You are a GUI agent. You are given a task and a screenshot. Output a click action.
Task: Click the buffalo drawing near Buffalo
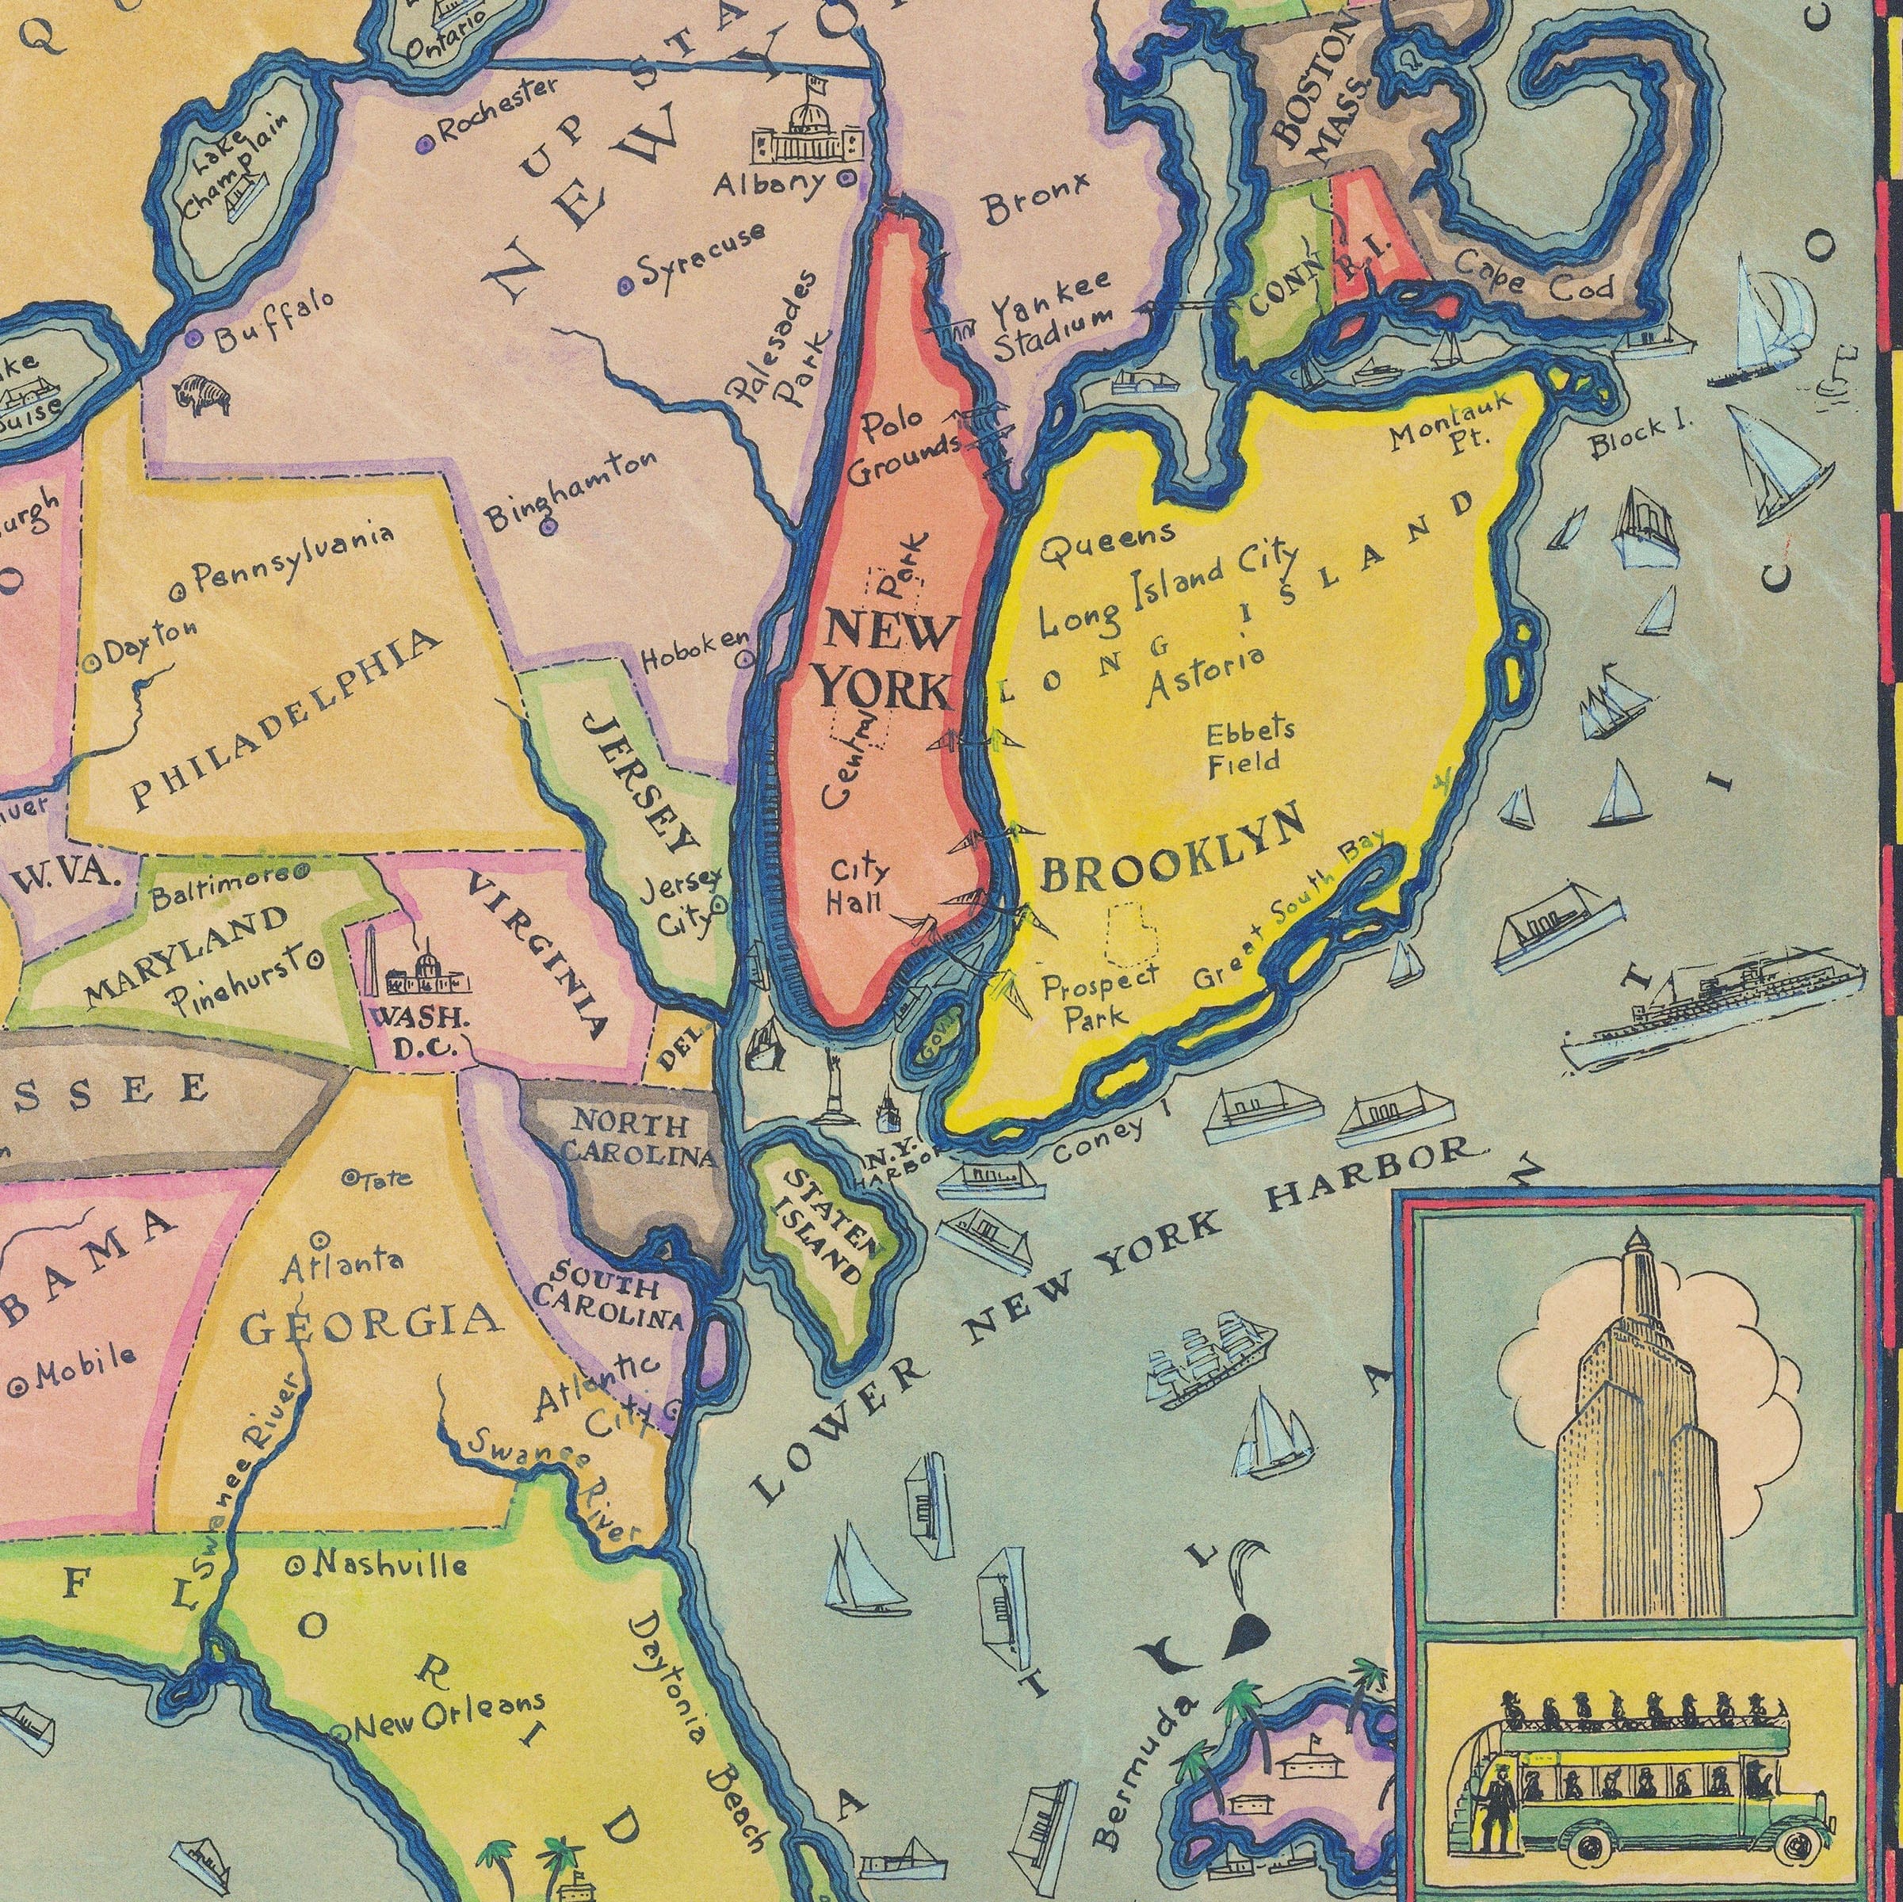[x=203, y=395]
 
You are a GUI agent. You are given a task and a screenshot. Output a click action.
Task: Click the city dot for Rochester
[x=426, y=143]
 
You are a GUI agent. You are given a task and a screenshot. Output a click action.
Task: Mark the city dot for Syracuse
[x=625, y=285]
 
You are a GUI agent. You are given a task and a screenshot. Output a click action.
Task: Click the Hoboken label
[x=695, y=650]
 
